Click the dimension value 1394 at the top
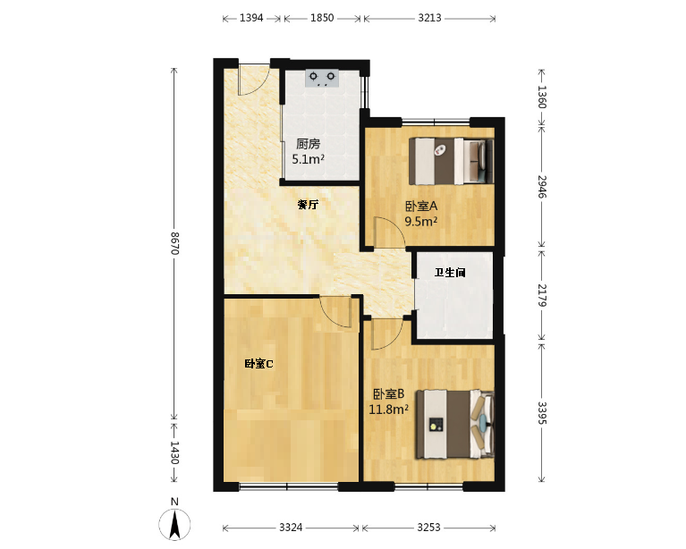coord(251,18)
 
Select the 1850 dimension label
coord(322,18)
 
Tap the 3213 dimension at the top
coord(429,18)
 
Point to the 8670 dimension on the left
coord(174,243)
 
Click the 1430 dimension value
coord(174,452)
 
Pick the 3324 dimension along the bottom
coord(291,528)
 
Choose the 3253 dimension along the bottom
coord(428,528)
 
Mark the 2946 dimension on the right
coord(542,187)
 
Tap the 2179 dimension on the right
coord(542,295)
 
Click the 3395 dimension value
coord(542,412)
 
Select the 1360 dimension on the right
coord(542,97)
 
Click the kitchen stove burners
coord(322,79)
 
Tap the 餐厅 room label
coord(308,204)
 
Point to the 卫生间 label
coord(450,273)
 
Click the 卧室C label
coord(258,364)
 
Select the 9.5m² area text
coord(421,221)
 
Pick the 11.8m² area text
coord(388,410)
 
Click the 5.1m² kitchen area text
coord(308,159)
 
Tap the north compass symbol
coord(174,524)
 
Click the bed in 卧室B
coord(455,425)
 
